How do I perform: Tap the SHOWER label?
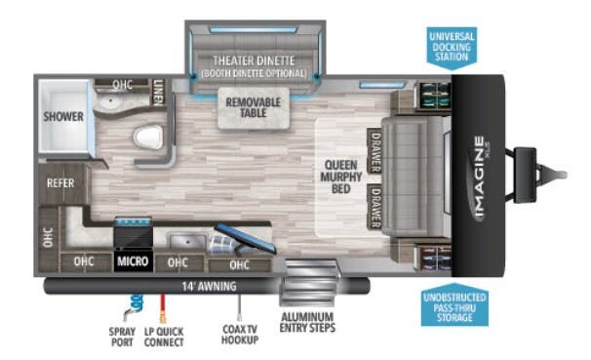point(61,116)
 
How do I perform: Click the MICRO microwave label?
point(132,261)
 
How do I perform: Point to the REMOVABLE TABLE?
point(253,107)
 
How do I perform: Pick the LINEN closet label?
point(159,92)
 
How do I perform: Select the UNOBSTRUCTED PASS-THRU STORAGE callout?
point(454,308)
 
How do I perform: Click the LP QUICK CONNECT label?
point(163,337)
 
